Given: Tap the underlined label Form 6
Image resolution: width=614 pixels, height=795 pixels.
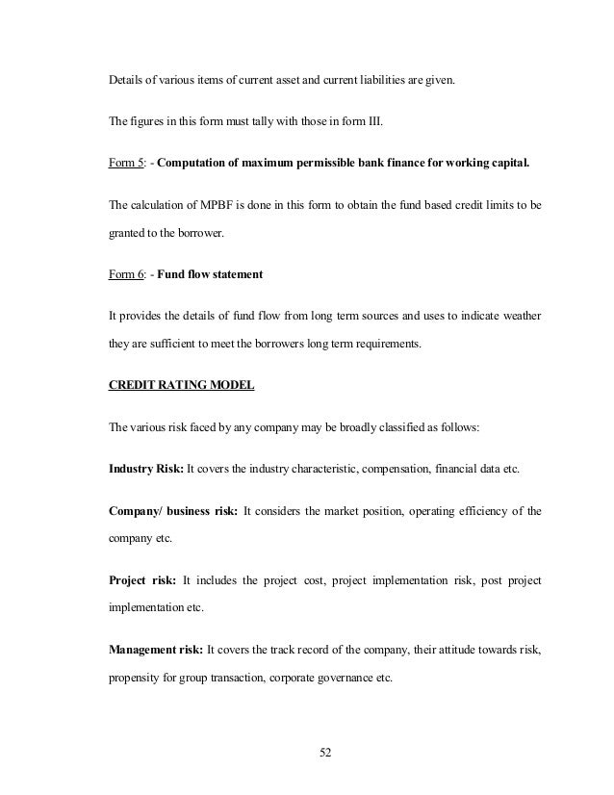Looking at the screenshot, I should (125, 276).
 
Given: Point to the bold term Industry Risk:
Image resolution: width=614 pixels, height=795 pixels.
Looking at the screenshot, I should (144, 469).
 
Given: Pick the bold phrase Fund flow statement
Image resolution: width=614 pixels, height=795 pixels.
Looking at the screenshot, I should (211, 276).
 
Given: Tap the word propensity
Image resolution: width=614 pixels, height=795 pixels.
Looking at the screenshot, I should (132, 677).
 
